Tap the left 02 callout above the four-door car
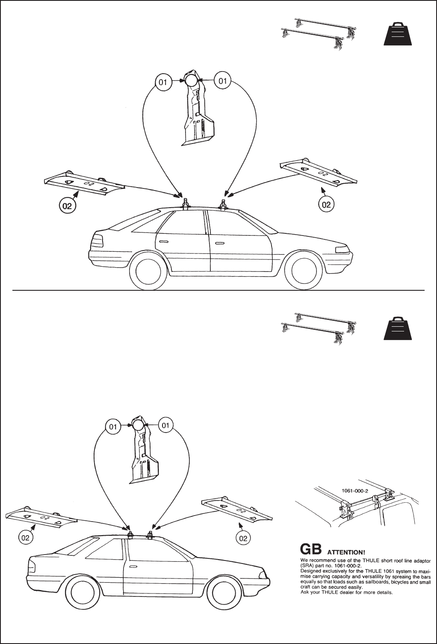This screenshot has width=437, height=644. tap(68, 206)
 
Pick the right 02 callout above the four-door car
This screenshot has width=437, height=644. tap(326, 205)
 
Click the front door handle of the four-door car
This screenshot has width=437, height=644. tap(220, 243)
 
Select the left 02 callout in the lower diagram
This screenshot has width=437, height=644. tap(26, 538)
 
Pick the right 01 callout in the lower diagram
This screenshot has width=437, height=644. tap(166, 426)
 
